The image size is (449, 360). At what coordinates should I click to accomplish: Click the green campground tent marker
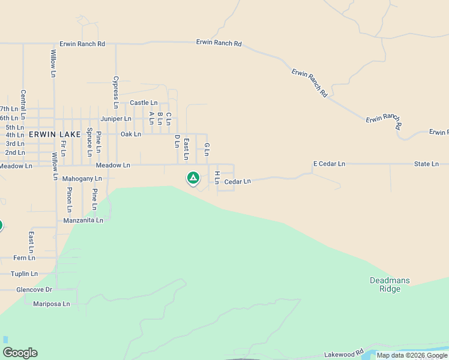(193, 178)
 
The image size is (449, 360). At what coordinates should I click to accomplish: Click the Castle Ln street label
(143, 103)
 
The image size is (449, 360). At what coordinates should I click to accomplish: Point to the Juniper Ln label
(116, 119)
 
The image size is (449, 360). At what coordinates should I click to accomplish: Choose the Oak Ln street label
(130, 134)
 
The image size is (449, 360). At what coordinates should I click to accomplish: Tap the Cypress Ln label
(116, 88)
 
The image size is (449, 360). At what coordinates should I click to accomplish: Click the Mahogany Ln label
(82, 179)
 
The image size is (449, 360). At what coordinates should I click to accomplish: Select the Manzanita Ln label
(83, 220)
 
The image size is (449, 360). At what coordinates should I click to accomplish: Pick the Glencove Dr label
(34, 289)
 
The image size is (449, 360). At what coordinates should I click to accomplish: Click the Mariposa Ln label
(51, 304)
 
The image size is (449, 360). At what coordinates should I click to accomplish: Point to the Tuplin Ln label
(24, 274)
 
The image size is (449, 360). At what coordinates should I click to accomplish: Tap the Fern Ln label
(24, 258)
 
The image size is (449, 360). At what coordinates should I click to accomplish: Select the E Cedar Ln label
(329, 164)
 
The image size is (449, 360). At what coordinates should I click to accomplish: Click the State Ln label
(426, 164)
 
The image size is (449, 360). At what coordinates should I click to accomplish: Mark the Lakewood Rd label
(344, 354)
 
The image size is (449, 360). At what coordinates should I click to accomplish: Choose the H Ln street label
(217, 177)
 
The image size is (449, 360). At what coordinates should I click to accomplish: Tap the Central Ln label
(23, 104)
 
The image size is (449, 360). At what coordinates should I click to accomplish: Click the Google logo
(20, 353)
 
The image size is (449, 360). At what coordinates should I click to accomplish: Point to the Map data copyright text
(412, 356)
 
